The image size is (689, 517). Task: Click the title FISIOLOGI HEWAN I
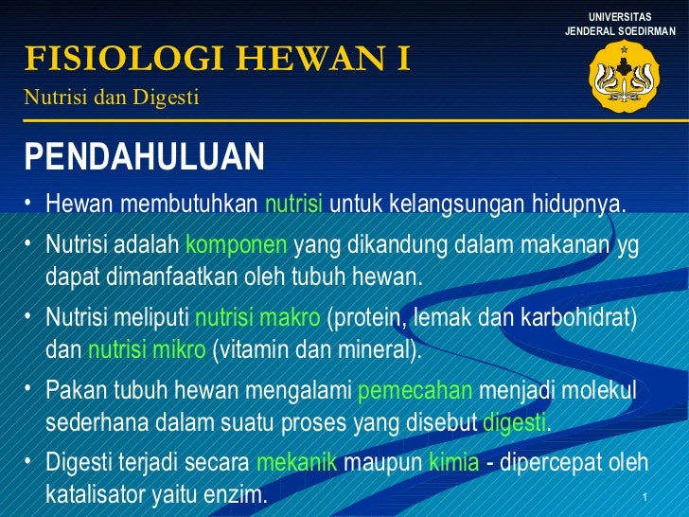[218, 60]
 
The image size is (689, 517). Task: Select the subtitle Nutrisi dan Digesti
[112, 96]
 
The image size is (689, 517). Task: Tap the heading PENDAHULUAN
[145, 157]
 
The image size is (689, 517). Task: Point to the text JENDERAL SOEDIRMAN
[620, 31]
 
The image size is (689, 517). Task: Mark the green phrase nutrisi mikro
[147, 349]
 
